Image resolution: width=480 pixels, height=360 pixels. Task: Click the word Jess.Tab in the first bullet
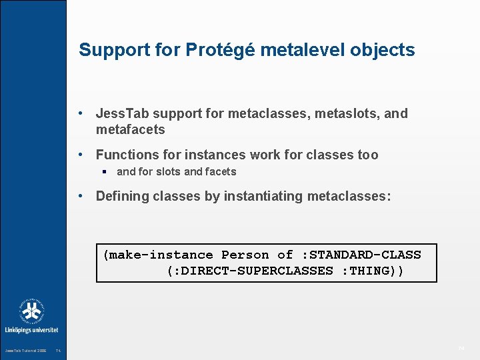pos(118,114)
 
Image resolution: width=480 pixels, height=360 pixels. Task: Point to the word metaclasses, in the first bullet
pos(267,114)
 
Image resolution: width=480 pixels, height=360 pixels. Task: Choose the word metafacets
pos(130,129)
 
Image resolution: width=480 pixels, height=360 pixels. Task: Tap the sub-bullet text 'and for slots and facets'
pos(176,172)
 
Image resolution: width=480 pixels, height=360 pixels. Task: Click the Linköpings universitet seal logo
pos(32,311)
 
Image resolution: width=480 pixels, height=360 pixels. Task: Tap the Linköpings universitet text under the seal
pos(32,329)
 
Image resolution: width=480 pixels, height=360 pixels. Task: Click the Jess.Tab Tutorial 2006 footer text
pos(25,351)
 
